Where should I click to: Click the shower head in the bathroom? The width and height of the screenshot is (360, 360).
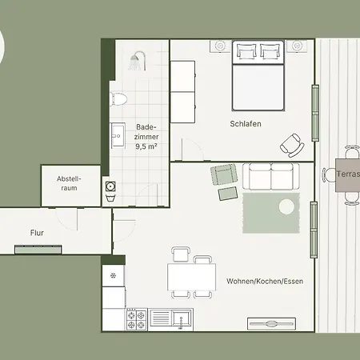click(x=138, y=61)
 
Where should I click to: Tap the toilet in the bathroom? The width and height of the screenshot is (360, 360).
click(x=119, y=98)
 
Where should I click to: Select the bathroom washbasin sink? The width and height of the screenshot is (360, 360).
click(x=118, y=135)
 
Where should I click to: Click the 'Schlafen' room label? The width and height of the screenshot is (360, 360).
click(x=246, y=124)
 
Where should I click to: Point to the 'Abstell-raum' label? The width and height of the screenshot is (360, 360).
click(x=69, y=183)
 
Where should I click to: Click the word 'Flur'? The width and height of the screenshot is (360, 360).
click(x=37, y=233)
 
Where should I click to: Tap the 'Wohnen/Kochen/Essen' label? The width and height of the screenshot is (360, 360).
click(x=265, y=282)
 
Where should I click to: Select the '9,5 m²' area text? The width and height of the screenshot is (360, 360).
click(x=146, y=146)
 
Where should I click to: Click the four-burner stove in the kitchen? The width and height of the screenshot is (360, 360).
click(x=137, y=320)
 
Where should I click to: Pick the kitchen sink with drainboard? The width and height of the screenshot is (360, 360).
click(x=170, y=319)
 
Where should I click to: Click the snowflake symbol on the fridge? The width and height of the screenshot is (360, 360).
click(x=113, y=275)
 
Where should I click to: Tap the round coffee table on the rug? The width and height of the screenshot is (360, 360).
click(x=286, y=206)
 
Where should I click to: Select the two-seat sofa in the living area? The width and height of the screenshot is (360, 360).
click(x=271, y=177)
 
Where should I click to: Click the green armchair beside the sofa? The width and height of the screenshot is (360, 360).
click(x=224, y=175)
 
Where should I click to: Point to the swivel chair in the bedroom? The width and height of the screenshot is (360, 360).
click(x=292, y=146)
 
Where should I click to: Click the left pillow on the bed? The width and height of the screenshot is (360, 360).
click(x=246, y=51)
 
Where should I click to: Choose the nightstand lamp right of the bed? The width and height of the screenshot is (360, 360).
click(x=297, y=46)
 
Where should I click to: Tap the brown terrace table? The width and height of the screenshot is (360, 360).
click(x=347, y=175)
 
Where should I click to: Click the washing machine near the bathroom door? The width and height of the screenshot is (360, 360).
click(x=110, y=186)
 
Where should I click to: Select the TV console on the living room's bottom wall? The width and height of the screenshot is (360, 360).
click(x=271, y=324)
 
